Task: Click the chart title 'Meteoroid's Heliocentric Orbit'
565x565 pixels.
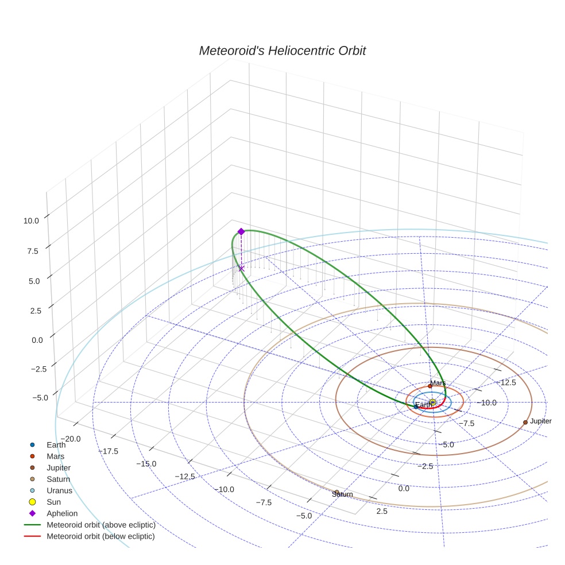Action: point(282,51)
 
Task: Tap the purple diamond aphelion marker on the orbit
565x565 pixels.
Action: point(241,231)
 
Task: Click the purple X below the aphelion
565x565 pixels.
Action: point(241,268)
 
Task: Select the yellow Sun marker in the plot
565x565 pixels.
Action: point(432,402)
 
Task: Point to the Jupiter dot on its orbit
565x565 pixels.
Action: point(525,422)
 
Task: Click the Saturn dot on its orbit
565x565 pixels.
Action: point(337,492)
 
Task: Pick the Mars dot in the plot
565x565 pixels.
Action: point(430,386)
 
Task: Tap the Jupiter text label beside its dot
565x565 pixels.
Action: point(540,421)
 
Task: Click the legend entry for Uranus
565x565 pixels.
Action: point(59,490)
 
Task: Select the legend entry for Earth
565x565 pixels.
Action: point(56,444)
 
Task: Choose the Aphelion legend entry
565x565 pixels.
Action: point(62,513)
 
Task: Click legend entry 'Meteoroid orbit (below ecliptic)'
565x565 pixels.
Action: point(100,536)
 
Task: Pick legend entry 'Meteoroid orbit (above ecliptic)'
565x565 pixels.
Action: point(100,525)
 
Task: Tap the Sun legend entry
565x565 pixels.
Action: point(53,502)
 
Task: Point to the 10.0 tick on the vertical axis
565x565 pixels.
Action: point(32,220)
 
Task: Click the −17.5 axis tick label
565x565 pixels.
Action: point(109,451)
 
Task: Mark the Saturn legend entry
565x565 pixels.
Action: point(58,479)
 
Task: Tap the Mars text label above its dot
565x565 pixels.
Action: point(438,383)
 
